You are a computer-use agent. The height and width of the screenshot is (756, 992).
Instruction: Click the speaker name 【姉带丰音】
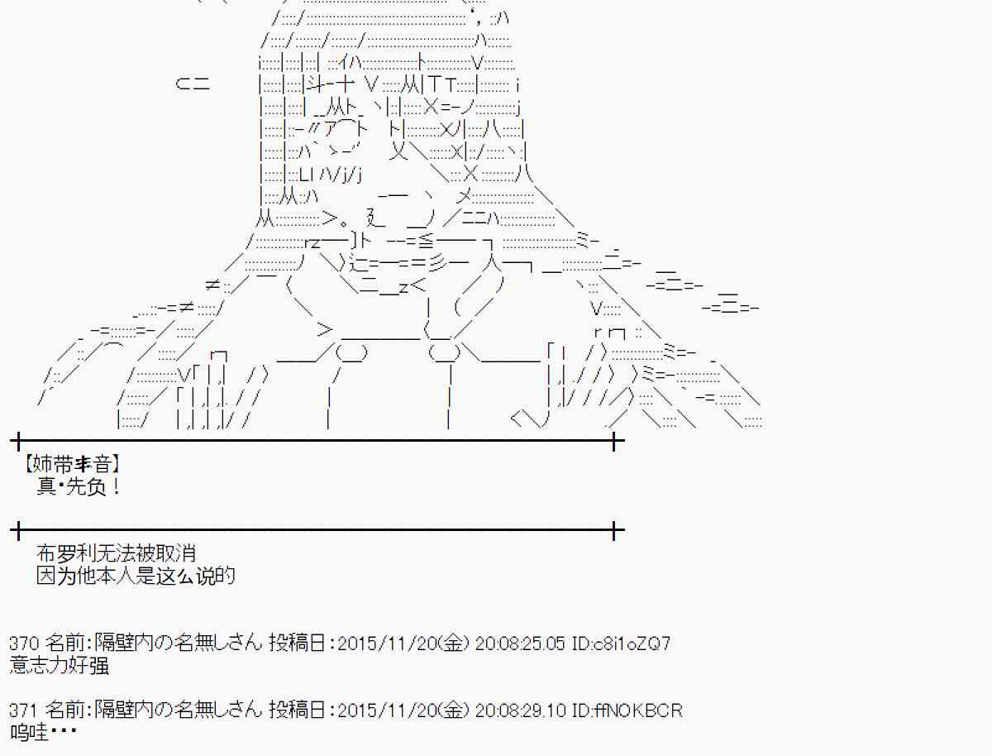pos(72,464)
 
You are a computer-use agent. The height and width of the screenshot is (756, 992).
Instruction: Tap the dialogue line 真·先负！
pos(79,487)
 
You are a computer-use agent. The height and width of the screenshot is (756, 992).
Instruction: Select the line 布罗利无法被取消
pos(117,553)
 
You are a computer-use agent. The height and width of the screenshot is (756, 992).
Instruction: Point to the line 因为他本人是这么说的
pos(136,576)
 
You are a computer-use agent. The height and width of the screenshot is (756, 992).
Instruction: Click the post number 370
pos(24,643)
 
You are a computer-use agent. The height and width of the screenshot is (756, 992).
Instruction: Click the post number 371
pos(24,711)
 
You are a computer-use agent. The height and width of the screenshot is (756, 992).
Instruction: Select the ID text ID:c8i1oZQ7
pos(621,643)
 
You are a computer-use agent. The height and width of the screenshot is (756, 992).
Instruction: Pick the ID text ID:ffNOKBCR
pos(627,711)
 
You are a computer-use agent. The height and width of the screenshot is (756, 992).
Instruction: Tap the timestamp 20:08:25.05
pos(520,643)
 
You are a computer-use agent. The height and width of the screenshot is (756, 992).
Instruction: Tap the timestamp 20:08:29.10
pos(520,711)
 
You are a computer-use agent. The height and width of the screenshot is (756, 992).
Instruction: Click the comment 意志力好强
pos(60,666)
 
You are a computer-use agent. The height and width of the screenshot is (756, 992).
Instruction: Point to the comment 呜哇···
pos(43,733)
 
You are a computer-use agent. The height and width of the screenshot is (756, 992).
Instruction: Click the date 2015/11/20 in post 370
pos(388,643)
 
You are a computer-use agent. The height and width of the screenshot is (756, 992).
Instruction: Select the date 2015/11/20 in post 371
pos(388,711)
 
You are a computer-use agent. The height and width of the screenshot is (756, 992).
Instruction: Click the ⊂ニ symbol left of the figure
pos(193,84)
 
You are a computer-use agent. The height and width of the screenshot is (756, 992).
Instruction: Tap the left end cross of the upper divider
pos(18,440)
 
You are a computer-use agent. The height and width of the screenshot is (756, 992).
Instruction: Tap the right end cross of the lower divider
pos(613,530)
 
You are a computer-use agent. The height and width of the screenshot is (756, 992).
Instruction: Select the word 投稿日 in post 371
pos(297,711)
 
